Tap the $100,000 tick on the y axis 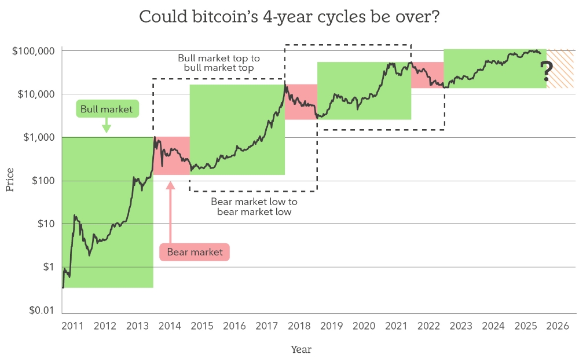[33, 51]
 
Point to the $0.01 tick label [41, 310]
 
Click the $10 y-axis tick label [45, 224]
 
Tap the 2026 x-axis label [560, 326]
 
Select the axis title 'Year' [301, 350]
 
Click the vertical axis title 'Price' [10, 180]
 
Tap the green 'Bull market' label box [107, 109]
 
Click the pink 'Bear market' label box [195, 252]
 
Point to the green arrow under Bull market [106, 125]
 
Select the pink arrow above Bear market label [170, 211]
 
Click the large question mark [545, 72]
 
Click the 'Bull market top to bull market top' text [219, 63]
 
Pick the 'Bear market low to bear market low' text [254, 207]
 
